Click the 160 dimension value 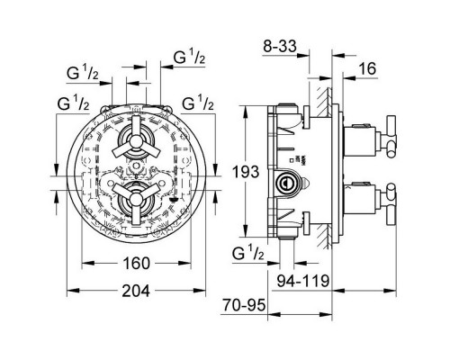pos(136,263)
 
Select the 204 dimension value pos(136,291)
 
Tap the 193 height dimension pos(246,172)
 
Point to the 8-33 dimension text pos(280,46)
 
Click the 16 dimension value pos(367,68)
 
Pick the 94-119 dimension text pos(303,281)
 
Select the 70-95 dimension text pos(244,305)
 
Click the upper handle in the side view pos(390,137)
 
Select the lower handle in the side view pos(390,204)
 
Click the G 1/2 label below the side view pos(248,255)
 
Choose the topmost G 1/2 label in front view pos(189,57)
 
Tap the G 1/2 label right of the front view pos(198,103)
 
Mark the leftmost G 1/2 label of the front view pos(74,103)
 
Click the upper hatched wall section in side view pos(324,103)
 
